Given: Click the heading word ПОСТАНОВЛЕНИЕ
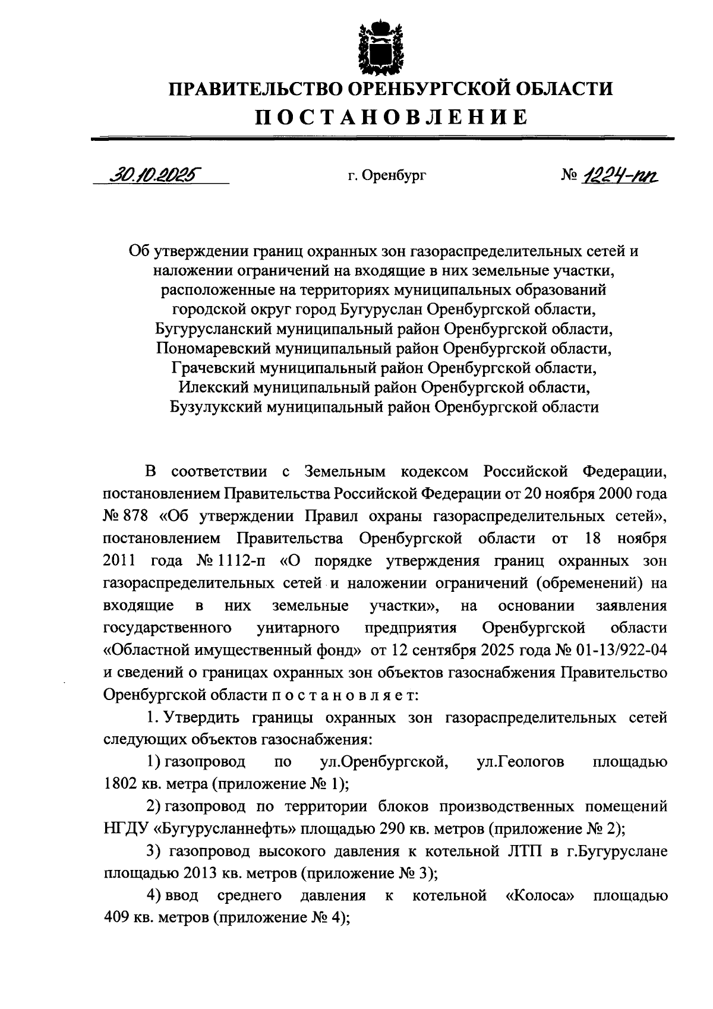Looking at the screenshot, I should click(x=392, y=116).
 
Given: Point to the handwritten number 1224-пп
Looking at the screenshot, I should click(x=620, y=174).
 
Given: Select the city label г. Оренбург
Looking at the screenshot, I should click(x=387, y=176).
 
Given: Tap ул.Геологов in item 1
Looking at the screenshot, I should click(x=520, y=761).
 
